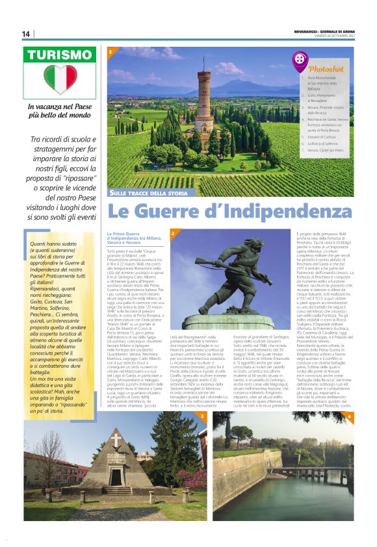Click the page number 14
click(26, 34)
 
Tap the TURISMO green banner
click(60, 56)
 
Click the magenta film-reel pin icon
click(300, 60)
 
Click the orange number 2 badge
click(172, 233)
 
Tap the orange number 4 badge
click(349, 415)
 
